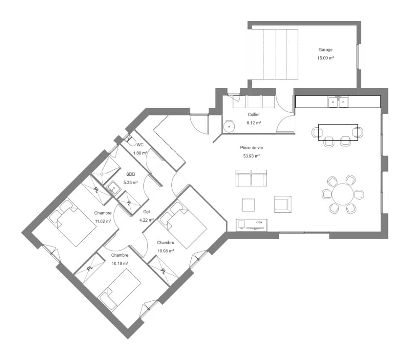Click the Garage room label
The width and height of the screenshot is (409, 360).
click(x=325, y=50)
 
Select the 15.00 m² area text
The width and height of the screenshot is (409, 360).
click(x=325, y=58)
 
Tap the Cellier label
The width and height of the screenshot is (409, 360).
click(x=254, y=115)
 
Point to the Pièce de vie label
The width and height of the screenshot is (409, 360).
click(x=251, y=148)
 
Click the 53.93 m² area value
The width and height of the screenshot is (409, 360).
click(x=251, y=156)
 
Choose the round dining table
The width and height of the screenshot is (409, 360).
click(x=343, y=194)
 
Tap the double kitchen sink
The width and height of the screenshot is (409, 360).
click(x=338, y=102)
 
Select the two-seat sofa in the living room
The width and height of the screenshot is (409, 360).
click(x=251, y=178)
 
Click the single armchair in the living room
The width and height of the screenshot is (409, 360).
click(x=282, y=204)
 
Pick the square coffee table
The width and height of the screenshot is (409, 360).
click(x=248, y=205)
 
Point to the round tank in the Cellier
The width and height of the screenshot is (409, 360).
click(x=229, y=126)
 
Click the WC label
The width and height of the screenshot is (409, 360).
click(x=140, y=145)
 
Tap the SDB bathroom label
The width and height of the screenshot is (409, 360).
click(x=131, y=174)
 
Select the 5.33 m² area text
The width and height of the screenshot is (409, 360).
click(x=131, y=183)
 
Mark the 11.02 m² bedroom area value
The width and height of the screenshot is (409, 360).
click(x=103, y=221)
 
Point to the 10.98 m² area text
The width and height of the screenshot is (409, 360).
click(x=165, y=251)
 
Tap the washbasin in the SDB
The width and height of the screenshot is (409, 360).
click(x=114, y=187)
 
